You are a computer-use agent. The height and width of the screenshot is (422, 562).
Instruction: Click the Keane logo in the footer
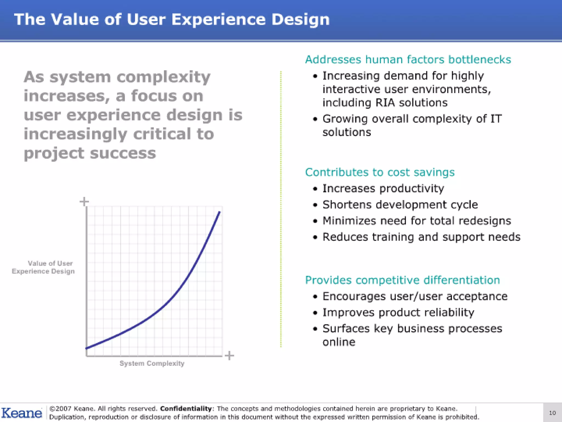(x=21, y=413)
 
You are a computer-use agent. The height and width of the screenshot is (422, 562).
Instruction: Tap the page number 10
(x=552, y=413)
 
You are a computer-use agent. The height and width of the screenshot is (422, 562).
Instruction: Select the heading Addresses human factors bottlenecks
(x=408, y=60)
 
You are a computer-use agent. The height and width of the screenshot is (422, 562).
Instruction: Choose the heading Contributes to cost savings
(x=380, y=172)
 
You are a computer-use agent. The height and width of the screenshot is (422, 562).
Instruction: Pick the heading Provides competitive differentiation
(x=402, y=280)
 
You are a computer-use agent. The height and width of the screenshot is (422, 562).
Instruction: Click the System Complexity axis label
(x=152, y=363)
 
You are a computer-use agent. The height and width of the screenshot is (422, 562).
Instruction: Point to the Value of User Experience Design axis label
(x=43, y=267)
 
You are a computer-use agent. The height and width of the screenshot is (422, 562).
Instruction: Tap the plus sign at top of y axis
(x=84, y=201)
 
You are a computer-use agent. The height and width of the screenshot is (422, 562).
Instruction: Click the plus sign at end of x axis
(x=229, y=356)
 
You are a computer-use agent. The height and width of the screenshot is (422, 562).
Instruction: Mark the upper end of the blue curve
(x=219, y=212)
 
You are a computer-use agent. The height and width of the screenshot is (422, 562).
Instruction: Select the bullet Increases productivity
(x=383, y=188)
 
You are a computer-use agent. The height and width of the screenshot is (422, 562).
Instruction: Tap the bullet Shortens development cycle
(x=400, y=205)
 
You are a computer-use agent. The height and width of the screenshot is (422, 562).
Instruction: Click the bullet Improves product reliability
(x=398, y=312)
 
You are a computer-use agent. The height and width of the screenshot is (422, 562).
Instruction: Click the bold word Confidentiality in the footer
(x=186, y=409)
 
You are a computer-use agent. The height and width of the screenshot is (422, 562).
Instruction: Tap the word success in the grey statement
(x=123, y=153)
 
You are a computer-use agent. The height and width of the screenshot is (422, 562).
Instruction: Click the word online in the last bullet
(x=339, y=342)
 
